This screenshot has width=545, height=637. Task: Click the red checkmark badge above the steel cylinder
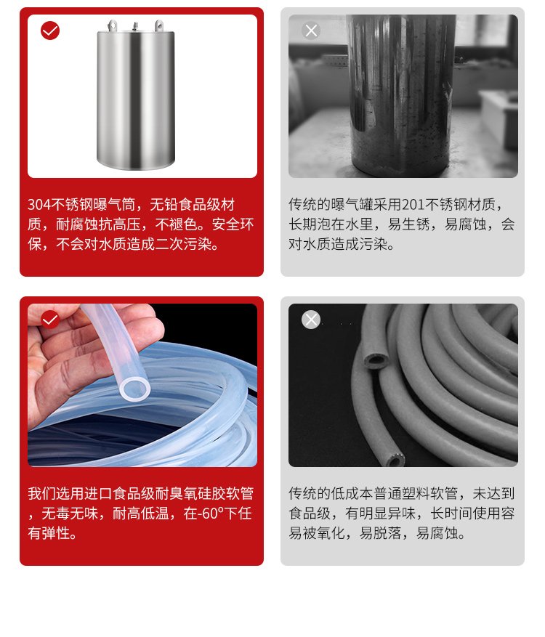click(50, 31)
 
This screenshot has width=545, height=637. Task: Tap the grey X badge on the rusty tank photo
click(311, 31)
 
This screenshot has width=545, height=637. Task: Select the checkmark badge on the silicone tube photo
click(50, 320)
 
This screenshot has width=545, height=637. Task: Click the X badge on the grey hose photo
click(311, 320)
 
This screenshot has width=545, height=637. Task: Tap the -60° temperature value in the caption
click(211, 514)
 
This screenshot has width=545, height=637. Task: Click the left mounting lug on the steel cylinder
click(113, 26)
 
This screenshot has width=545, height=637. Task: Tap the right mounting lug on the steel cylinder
click(159, 26)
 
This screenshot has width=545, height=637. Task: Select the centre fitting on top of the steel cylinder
click(135, 27)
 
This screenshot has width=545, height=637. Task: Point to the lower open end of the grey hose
click(393, 460)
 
